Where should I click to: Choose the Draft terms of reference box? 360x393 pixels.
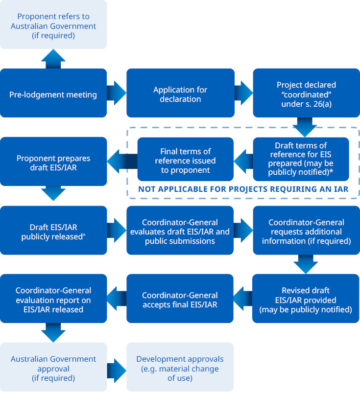[x=301, y=159]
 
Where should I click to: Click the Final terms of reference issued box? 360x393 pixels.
[x=185, y=159]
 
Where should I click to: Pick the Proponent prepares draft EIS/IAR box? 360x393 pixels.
[x=53, y=162]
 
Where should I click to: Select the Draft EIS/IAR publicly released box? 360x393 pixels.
[x=53, y=230]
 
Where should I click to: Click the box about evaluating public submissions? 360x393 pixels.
[x=180, y=230]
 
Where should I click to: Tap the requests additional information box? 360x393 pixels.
[x=306, y=230]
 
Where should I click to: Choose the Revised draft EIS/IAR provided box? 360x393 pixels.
[x=306, y=299]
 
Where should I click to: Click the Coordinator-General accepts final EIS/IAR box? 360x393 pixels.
[x=180, y=299]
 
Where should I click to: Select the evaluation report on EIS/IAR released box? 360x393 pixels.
[x=53, y=299]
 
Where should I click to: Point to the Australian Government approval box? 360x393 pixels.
[x=53, y=367]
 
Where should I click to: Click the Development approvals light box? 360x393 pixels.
[x=180, y=367]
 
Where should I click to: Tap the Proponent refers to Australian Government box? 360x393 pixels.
[x=53, y=24]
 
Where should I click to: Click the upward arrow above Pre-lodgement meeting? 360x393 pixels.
[x=53, y=59]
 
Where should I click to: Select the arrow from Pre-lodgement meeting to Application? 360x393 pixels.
[x=117, y=93]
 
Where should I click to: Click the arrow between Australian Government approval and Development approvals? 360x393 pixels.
[x=117, y=367]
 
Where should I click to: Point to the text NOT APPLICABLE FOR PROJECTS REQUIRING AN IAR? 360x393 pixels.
[x=243, y=189]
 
